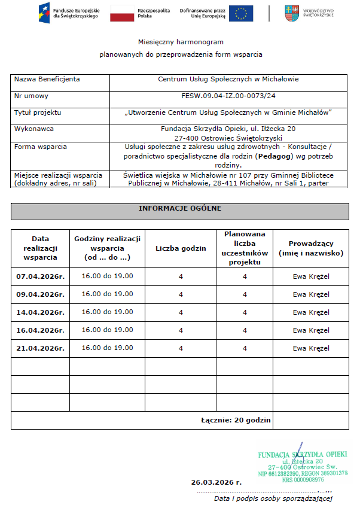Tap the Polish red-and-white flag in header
(x=122, y=13)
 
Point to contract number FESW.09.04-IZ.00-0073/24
(x=228, y=96)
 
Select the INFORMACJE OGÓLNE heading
(x=179, y=208)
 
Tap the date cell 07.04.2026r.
(x=40, y=276)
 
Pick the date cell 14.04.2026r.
(x=40, y=312)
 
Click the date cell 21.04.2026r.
(x=40, y=348)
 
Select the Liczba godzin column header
(x=181, y=248)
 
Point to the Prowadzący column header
(x=311, y=248)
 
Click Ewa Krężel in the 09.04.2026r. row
(x=311, y=294)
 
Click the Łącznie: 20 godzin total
(x=236, y=420)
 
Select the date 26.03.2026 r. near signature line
(x=216, y=482)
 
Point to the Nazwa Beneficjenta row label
(x=47, y=79)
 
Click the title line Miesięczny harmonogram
(x=180, y=42)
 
